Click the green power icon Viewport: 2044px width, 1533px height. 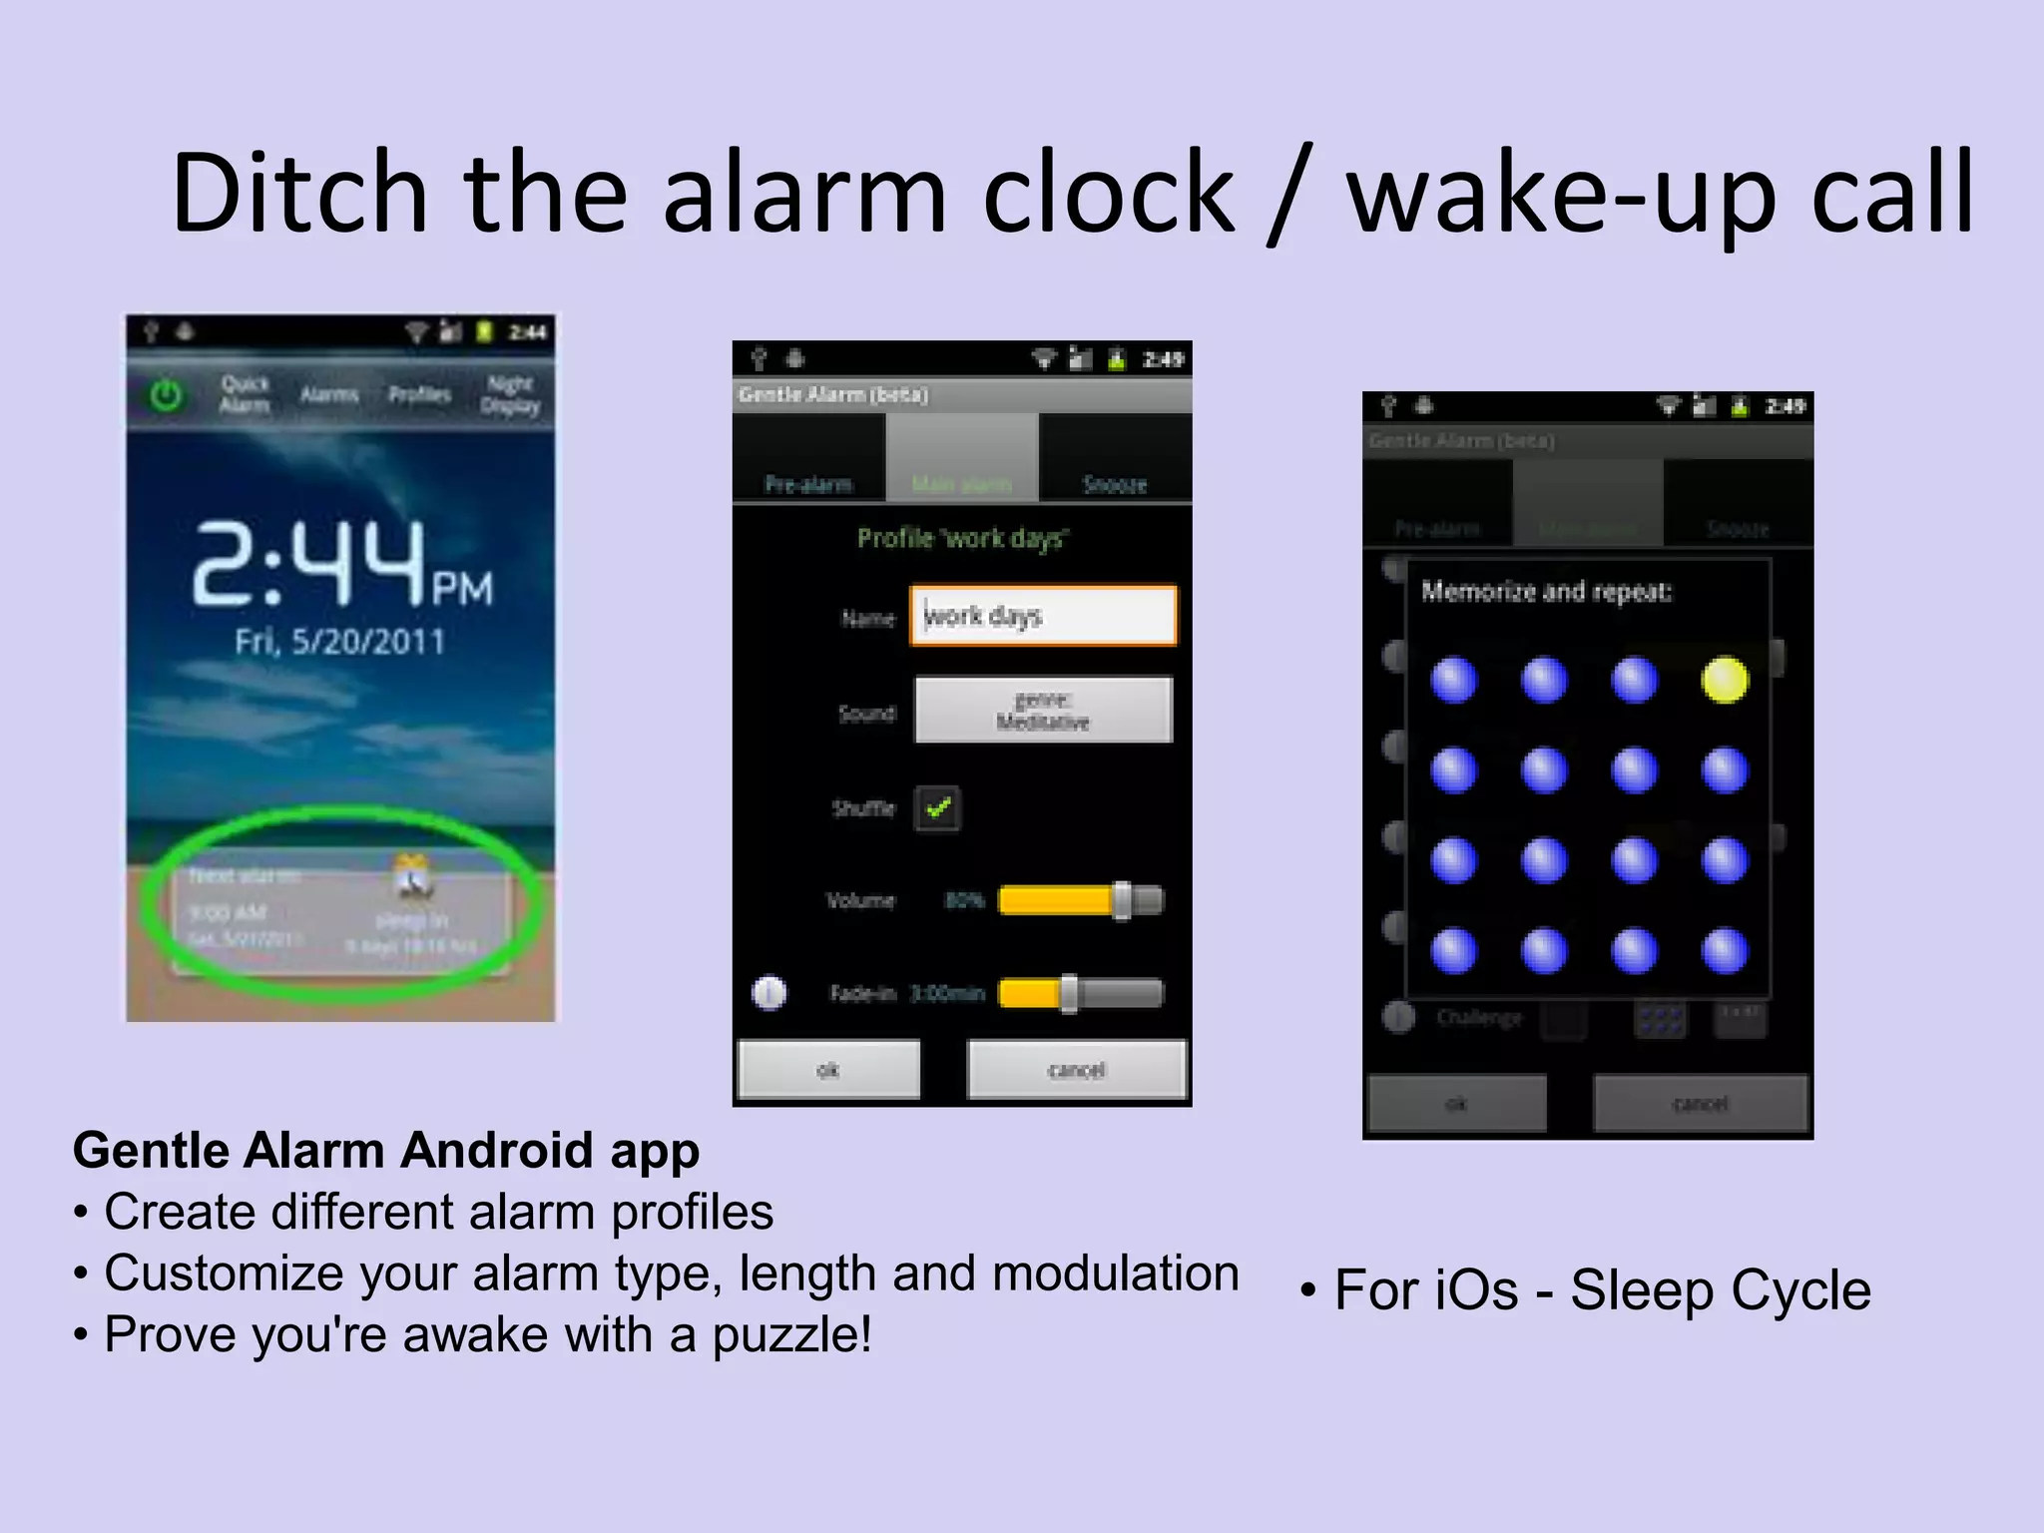point(166,396)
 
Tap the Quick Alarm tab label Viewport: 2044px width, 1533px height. point(245,394)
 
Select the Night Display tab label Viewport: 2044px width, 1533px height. point(510,394)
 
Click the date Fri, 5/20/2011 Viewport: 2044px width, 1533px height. point(339,641)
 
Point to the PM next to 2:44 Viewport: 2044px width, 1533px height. point(462,589)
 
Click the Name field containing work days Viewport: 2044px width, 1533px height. point(1043,616)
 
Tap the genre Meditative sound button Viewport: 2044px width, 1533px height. point(1043,710)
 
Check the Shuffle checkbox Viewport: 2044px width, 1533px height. point(937,808)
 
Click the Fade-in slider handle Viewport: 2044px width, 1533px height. point(1069,993)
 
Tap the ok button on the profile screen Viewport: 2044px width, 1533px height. point(828,1070)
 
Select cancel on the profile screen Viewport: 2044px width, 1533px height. point(1077,1070)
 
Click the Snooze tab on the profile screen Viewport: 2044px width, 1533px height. point(1115,484)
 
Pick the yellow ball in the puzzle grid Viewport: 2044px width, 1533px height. point(1725,681)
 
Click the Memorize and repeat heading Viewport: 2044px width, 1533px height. point(1546,592)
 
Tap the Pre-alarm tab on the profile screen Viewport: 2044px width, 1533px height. point(808,484)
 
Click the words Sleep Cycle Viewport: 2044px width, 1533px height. point(1721,1289)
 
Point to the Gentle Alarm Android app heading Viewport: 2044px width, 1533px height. point(386,1150)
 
